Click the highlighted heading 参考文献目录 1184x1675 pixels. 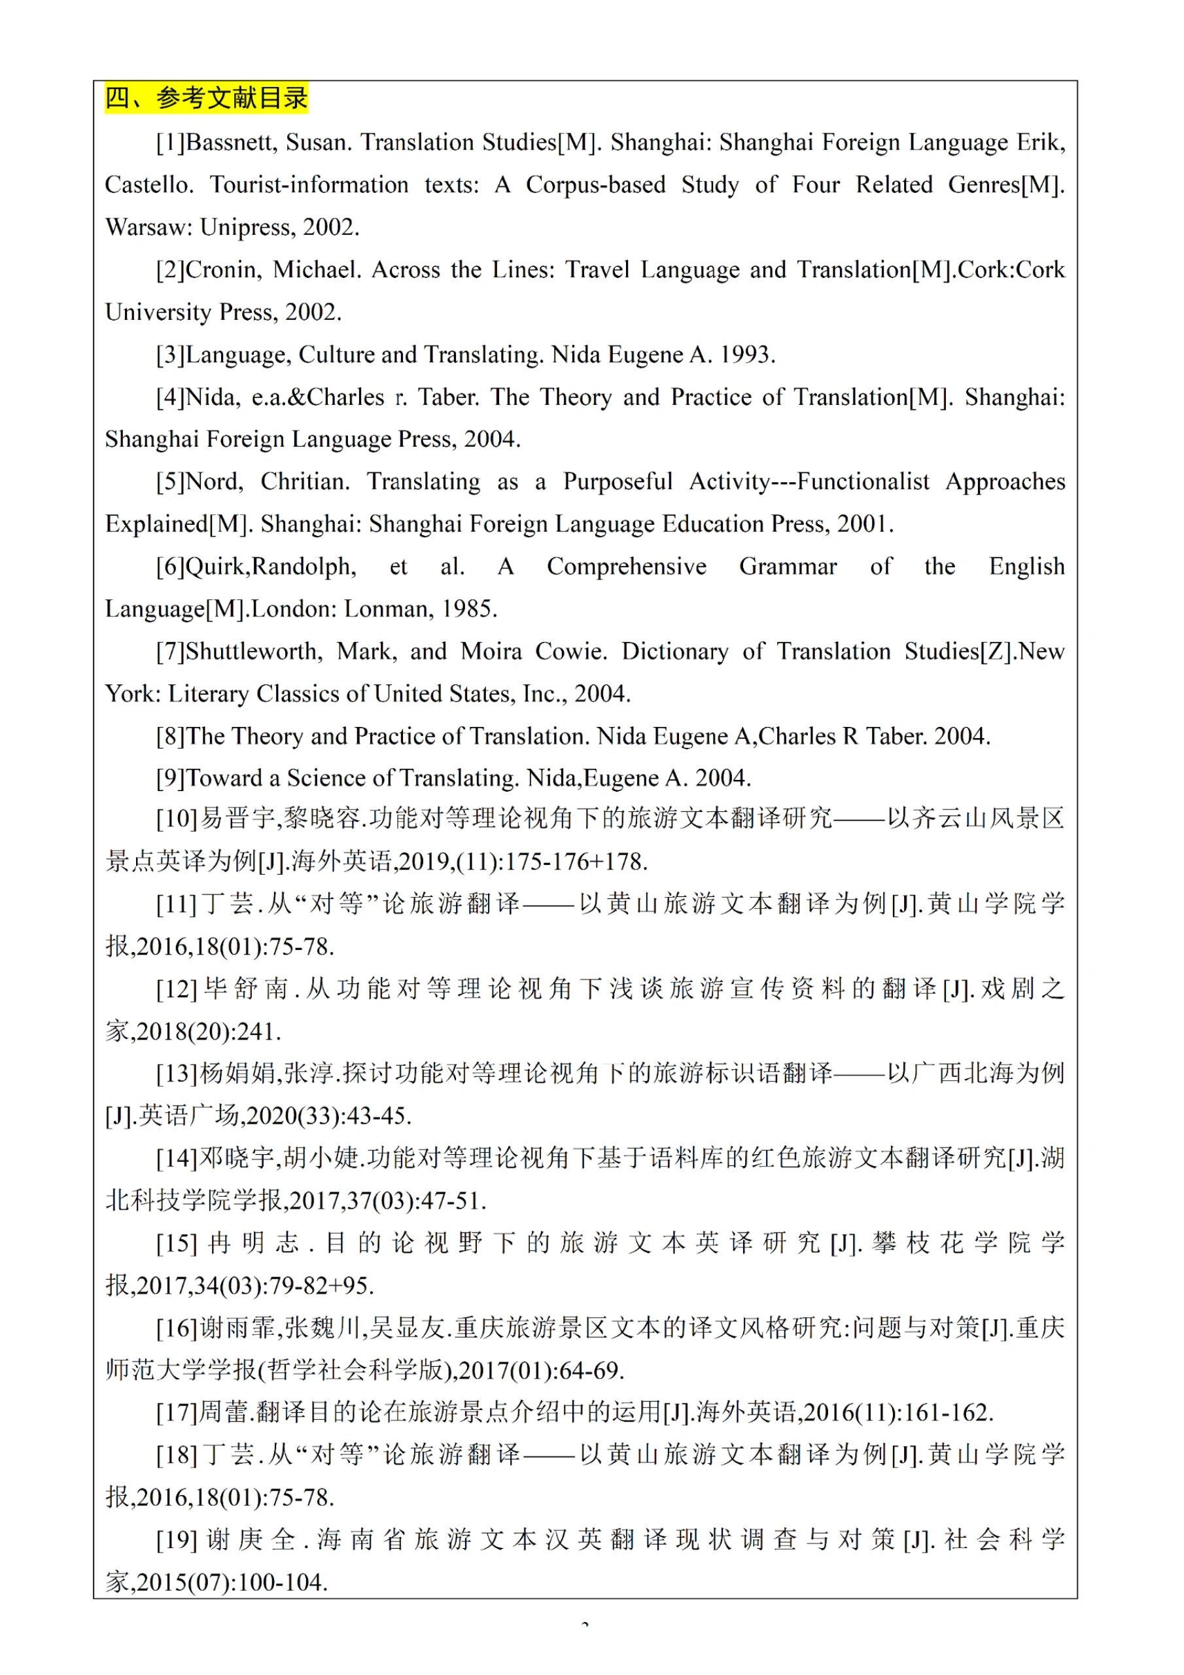coord(207,97)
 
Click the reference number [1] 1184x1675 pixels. coord(171,142)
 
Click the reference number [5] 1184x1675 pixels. coord(171,482)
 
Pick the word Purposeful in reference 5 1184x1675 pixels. coord(617,482)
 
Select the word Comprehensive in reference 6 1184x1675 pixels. coord(626,567)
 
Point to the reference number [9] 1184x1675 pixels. coord(171,779)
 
